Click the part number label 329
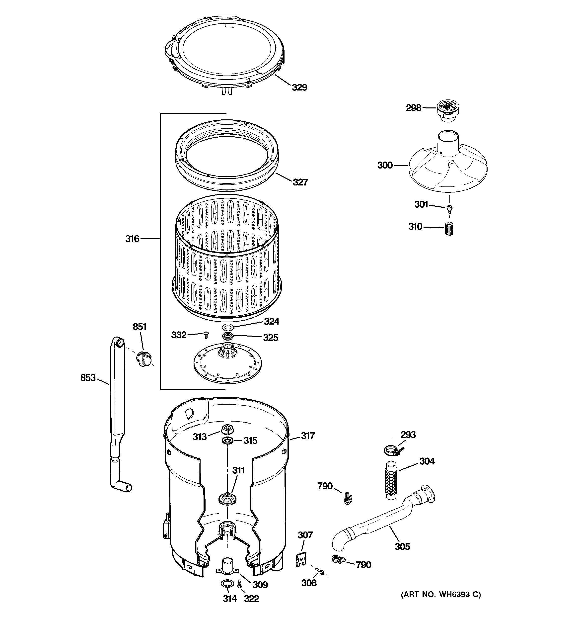299,88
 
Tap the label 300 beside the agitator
385,166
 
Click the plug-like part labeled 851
144,359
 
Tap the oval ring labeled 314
227,584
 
